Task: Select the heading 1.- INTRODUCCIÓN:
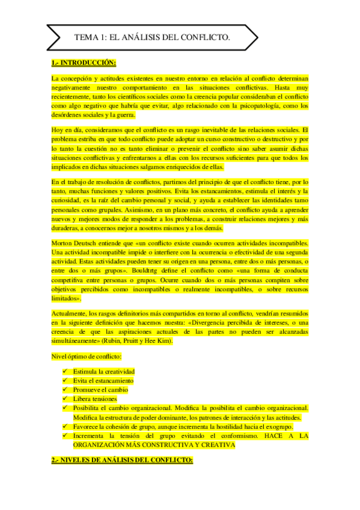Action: tap(84, 63)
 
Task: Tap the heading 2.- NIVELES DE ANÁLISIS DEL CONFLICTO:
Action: tap(122, 460)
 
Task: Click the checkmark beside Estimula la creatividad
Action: tap(65, 372)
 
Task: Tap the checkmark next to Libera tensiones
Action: tap(65, 399)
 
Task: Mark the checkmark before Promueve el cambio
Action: tap(65, 390)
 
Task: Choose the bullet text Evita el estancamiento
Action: tap(103, 381)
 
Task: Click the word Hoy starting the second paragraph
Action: tap(58, 131)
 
